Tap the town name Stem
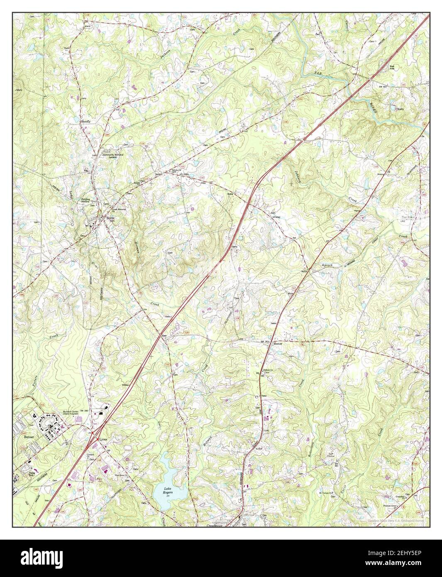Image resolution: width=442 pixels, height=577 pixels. point(110,218)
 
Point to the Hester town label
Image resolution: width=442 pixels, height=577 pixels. point(278,344)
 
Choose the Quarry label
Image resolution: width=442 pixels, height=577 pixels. point(400,109)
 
